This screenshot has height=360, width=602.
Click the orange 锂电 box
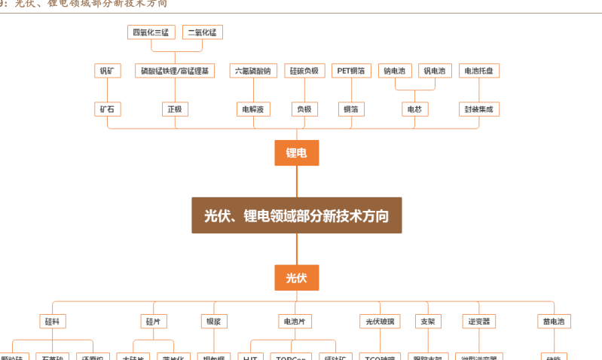[296, 153]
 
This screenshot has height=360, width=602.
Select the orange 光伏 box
[296, 277]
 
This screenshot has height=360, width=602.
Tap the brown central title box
[296, 215]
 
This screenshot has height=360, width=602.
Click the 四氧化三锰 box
[151, 32]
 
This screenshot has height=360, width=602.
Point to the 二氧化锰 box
[202, 32]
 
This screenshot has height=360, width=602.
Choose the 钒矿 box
[106, 71]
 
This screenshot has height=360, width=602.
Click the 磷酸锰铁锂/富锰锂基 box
[174, 71]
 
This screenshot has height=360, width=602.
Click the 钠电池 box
[395, 71]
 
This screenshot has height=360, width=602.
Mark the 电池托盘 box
[479, 71]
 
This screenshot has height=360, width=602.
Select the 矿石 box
[106, 109]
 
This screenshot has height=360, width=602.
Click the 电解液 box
[252, 109]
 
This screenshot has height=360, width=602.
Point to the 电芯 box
[414, 109]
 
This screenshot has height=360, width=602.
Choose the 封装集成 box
[479, 109]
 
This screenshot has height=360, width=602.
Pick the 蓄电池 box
[553, 322]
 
